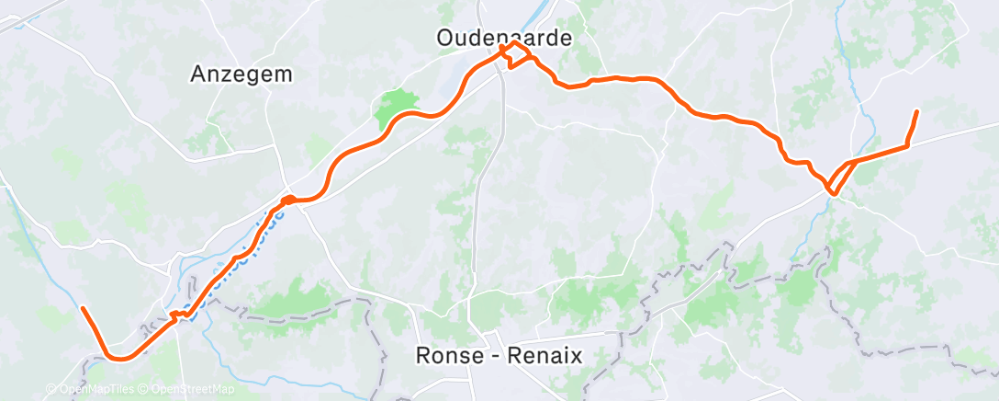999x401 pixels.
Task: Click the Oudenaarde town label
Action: [x=504, y=38]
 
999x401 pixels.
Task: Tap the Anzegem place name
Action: [x=241, y=75]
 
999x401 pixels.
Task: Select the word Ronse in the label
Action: [x=444, y=354]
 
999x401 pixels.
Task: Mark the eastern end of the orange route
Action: [x=916, y=111]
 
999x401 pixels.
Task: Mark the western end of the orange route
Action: [x=83, y=308]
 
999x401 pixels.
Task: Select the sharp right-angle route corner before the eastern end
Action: [x=907, y=144]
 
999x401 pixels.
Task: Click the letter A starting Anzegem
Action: [x=198, y=75]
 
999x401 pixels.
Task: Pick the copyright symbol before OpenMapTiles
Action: [x=51, y=389]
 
